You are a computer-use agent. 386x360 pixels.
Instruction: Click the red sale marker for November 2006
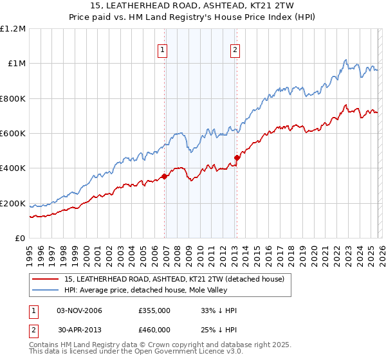click(x=165, y=176)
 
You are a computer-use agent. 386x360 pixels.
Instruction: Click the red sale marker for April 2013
click(x=237, y=157)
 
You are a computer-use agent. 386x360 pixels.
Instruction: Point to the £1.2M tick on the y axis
click(x=14, y=29)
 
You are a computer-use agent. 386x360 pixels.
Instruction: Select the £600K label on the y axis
click(x=14, y=134)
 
